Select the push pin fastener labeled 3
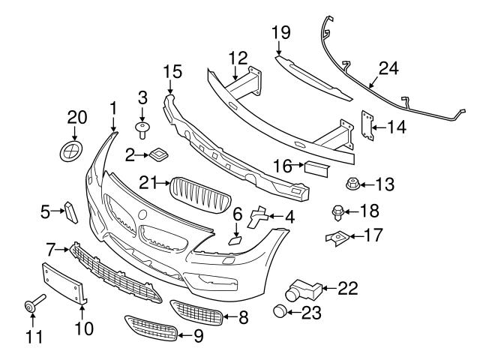[142, 129]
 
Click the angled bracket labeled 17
[339, 238]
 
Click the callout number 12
[238, 57]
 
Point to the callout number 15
[172, 72]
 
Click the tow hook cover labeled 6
[235, 240]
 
